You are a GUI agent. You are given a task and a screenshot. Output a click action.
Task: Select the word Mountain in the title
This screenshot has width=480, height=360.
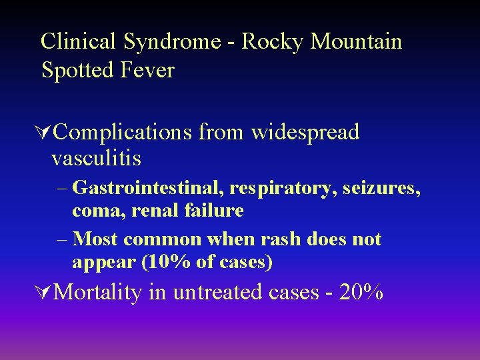coord(357,41)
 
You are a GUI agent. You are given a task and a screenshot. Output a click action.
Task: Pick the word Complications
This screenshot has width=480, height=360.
coord(122,132)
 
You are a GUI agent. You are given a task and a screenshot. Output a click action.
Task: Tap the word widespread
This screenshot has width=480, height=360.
coord(305,132)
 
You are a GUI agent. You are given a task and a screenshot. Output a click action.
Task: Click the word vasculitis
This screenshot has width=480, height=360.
coord(96,159)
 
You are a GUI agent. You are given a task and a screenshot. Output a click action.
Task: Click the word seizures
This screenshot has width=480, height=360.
coord(381,189)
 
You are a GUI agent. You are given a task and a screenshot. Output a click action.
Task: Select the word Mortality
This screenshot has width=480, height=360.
coord(98,292)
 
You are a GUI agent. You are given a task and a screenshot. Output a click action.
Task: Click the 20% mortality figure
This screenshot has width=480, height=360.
coord(361,292)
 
